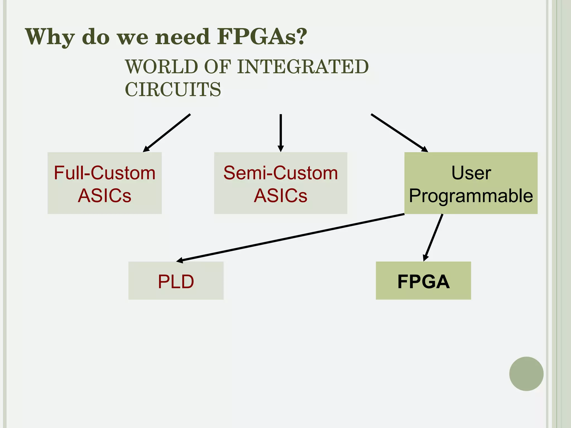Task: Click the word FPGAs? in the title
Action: click(x=262, y=37)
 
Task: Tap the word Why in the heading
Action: click(x=50, y=37)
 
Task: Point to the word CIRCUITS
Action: click(x=173, y=90)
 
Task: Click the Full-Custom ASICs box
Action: click(x=105, y=183)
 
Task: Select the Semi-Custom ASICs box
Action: click(x=280, y=183)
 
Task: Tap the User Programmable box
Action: click(x=471, y=183)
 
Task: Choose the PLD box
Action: click(x=176, y=281)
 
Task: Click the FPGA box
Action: click(x=423, y=281)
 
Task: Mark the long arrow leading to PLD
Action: click(x=290, y=237)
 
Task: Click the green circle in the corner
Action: click(x=526, y=374)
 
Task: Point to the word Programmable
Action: click(x=471, y=196)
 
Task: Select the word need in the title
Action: click(x=183, y=37)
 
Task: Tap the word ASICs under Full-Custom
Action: click(x=105, y=196)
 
